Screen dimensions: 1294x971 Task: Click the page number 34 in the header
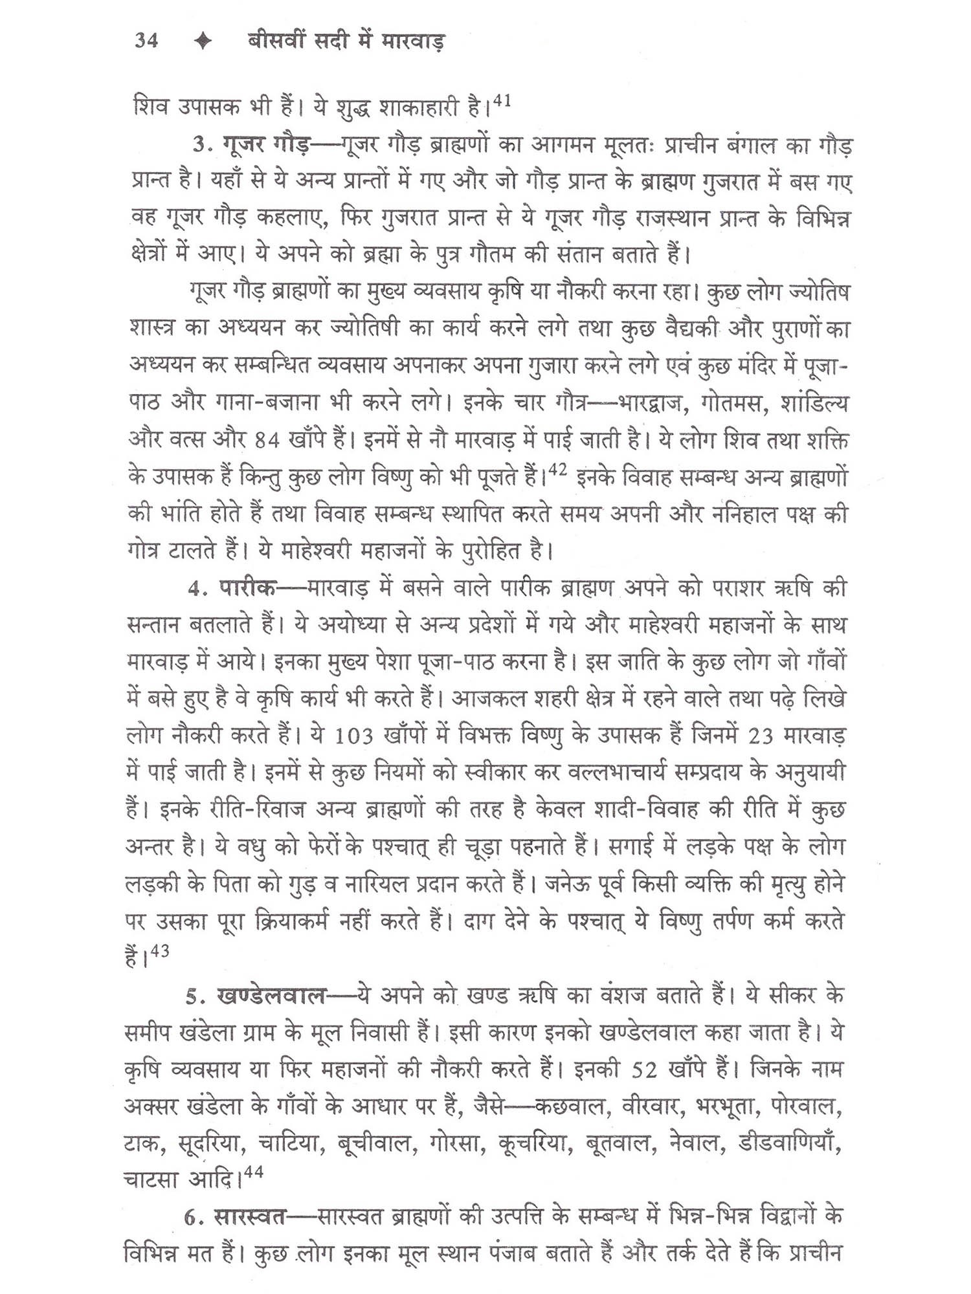[x=146, y=41]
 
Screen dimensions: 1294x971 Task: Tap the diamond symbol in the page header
[x=203, y=41]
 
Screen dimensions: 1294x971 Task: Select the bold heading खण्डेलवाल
[x=272, y=996]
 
